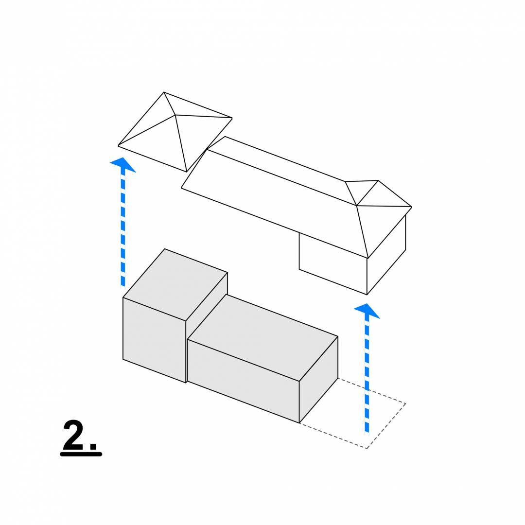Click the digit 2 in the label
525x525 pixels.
tap(73, 435)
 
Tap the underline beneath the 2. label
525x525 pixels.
tap(81, 454)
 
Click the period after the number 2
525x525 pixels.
tap(93, 446)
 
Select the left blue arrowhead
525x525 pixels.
tap(123, 164)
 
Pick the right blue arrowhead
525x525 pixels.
tap(367, 311)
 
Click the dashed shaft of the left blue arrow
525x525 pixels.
tap(123, 229)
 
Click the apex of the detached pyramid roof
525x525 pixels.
tap(175, 115)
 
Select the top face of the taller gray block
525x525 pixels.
tap(175, 284)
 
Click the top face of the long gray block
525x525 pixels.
tap(263, 337)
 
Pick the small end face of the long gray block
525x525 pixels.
tap(318, 379)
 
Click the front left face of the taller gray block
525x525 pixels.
tap(155, 340)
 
